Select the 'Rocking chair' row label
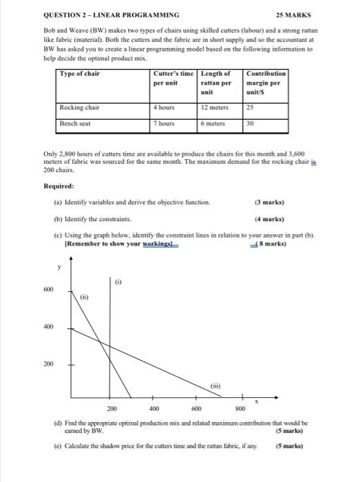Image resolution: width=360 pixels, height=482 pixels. [80, 107]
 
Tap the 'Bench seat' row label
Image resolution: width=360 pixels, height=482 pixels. [76, 123]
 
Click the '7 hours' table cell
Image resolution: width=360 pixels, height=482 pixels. [165, 123]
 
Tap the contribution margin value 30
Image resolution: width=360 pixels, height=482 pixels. [252, 123]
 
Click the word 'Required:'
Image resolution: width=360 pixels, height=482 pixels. [59, 186]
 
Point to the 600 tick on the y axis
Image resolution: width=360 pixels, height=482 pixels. [49, 290]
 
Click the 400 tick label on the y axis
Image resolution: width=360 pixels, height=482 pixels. [49, 326]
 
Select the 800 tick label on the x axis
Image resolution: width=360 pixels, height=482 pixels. [240, 408]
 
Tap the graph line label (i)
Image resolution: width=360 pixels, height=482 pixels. [118, 281]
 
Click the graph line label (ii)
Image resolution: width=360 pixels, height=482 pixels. [84, 297]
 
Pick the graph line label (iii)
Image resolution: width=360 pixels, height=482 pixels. [215, 386]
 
